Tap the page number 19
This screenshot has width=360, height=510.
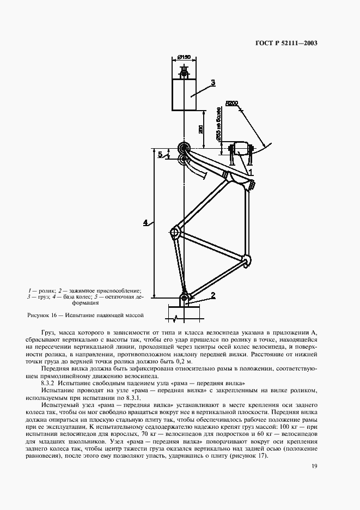coord(314,466)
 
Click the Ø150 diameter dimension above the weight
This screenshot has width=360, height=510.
coord(184,57)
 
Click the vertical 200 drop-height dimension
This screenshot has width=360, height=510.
coord(201,129)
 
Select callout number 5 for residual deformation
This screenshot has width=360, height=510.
coord(160,155)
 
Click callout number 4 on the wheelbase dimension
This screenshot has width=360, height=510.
coord(145,222)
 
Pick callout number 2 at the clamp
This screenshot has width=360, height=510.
coord(213,295)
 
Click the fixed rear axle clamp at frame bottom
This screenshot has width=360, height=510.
coord(185,299)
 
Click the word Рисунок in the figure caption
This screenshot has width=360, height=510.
coord(38,315)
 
